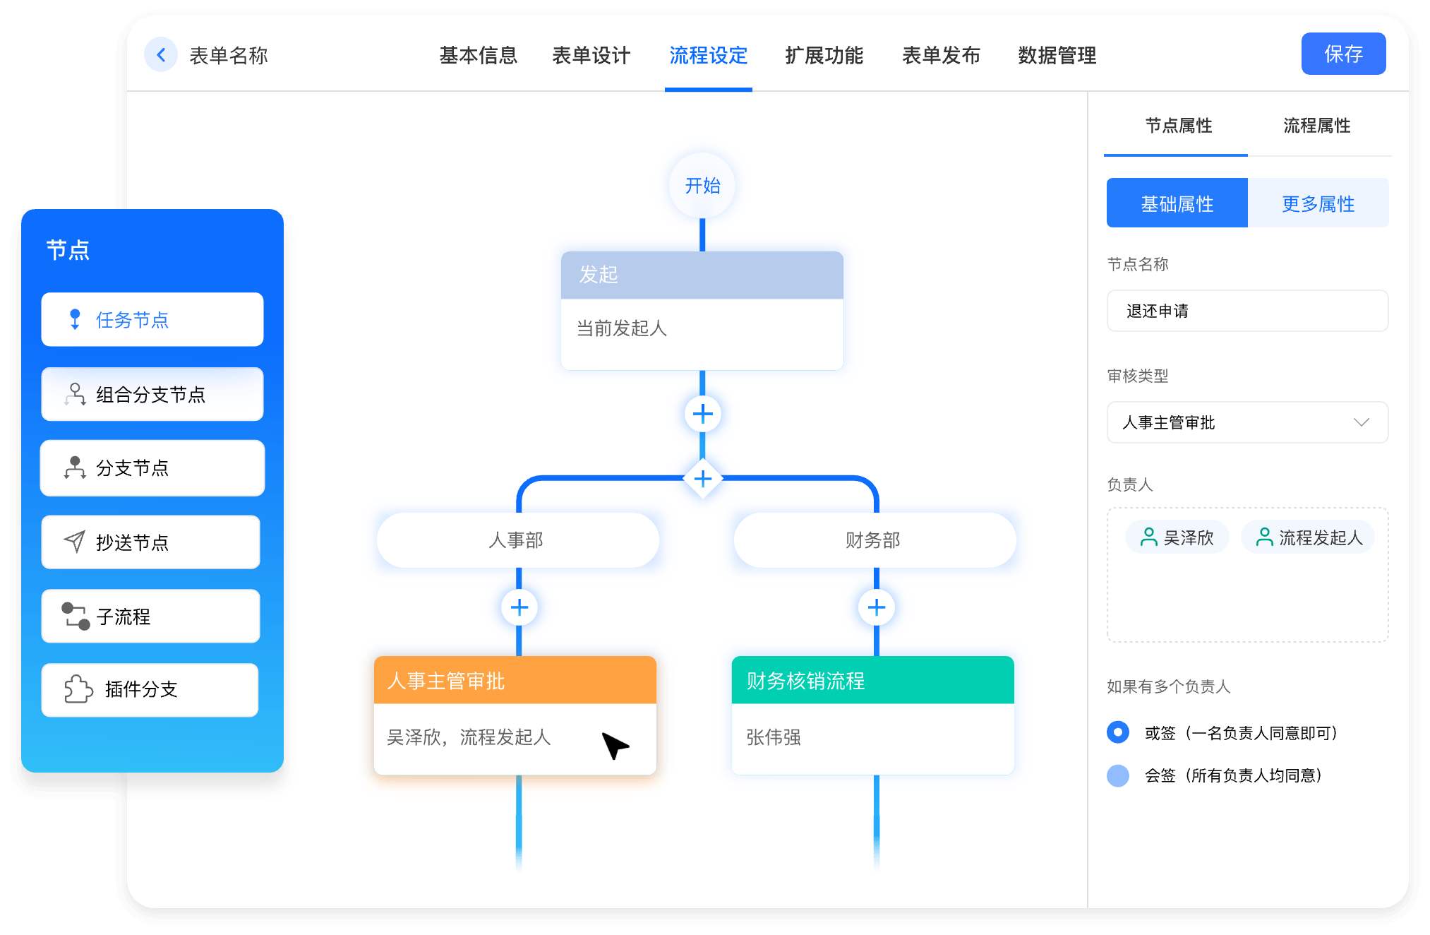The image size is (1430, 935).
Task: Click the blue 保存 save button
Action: [1342, 54]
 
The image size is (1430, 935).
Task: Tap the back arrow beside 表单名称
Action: [161, 55]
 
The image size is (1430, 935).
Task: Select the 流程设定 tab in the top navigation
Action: [708, 55]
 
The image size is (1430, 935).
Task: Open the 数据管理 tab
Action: [1057, 55]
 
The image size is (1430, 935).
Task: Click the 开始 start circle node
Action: [702, 186]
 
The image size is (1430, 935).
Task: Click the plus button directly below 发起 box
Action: [702, 414]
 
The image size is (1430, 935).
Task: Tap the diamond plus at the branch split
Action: [702, 479]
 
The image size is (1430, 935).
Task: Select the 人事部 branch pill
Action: [517, 540]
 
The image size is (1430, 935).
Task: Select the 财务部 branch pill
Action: [875, 540]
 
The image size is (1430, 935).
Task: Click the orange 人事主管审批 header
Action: [515, 681]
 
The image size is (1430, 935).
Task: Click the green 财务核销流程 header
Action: [872, 681]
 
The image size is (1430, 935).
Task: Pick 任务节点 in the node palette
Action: [152, 320]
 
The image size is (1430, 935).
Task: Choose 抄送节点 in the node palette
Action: [151, 542]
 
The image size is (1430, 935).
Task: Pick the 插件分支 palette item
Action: [150, 689]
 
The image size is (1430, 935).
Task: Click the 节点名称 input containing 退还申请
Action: [1247, 311]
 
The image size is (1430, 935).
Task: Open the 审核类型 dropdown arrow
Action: [1361, 422]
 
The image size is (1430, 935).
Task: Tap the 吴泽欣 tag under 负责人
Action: [1177, 537]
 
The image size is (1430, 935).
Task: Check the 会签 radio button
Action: [1118, 775]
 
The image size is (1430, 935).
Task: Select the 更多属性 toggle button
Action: [1318, 203]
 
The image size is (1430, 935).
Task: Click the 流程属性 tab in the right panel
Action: [1316, 126]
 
